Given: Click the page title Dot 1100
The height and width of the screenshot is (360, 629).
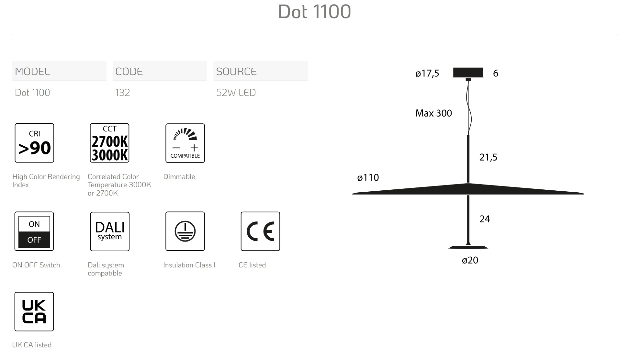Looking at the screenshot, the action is coord(314,12).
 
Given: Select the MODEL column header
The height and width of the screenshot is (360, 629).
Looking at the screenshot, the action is coord(32,72).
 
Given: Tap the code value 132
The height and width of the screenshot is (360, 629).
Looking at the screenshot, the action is coord(122,93).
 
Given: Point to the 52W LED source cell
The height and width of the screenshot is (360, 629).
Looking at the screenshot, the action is coord(236,93).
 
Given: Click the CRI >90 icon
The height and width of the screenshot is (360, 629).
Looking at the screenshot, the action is coord(34,143).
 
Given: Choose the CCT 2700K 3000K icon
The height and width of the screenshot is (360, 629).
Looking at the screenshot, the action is coord(109,143).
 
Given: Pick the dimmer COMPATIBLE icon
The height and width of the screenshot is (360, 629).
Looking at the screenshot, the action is coord(185,143).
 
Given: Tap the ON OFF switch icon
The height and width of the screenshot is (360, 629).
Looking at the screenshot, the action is coord(34,231).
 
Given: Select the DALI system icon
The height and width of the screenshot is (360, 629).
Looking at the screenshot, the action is coord(109,231).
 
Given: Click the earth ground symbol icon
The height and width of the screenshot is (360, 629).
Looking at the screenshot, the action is coord(185,231).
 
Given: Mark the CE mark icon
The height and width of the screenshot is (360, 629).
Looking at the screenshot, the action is coord(260,231).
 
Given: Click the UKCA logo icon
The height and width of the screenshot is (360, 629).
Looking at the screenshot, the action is coord(34,311).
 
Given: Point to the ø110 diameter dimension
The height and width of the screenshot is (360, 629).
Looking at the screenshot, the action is coord(368,177).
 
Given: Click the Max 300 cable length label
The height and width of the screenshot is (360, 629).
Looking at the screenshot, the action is coord(433,113).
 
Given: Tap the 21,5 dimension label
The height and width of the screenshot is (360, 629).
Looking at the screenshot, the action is coord(488,157).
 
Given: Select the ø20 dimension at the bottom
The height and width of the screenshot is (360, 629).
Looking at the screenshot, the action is coord(470,260).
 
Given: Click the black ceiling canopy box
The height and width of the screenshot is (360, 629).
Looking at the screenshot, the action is coord(468,73).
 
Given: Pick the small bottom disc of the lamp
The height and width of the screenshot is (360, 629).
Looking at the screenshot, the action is coord(468,247).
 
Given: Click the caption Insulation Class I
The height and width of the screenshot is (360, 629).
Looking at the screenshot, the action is coord(189,265).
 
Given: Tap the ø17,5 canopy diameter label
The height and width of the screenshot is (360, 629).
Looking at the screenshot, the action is coord(427,73).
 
